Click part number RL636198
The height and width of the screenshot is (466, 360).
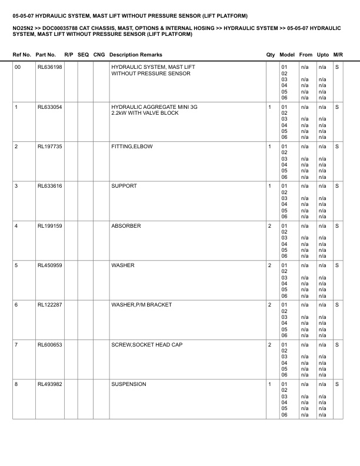point(49,68)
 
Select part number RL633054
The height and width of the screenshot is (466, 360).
point(49,107)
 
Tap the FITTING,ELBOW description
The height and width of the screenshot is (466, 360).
point(132,147)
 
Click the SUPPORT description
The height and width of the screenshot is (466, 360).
point(124,186)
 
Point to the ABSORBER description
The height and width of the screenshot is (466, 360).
point(126,226)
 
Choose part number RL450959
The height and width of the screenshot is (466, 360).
point(49,265)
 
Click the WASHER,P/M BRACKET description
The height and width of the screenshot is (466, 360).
point(141,305)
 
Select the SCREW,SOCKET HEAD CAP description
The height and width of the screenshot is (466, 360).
point(145,345)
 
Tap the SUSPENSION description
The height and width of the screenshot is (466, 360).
point(129,384)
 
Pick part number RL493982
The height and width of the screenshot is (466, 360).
point(49,384)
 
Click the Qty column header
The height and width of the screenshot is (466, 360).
point(271,55)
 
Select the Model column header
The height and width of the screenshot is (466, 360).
point(288,55)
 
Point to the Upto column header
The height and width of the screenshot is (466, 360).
point(323,55)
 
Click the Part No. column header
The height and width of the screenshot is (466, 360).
point(46,55)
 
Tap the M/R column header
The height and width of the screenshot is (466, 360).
point(338,55)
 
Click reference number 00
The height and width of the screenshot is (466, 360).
point(18,68)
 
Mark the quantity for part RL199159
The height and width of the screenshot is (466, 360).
point(270,226)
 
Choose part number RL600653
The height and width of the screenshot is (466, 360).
point(49,345)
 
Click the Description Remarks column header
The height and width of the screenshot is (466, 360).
point(136,55)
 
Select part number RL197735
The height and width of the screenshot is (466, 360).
point(49,147)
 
